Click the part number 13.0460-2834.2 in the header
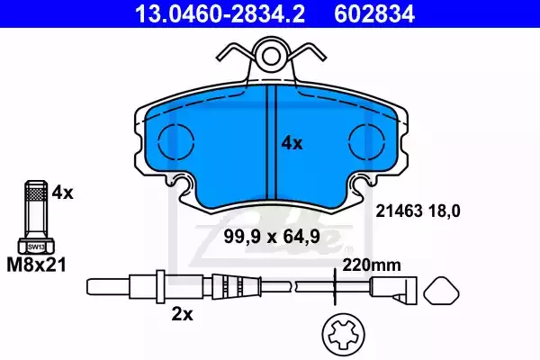(220, 13)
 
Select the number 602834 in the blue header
(374, 13)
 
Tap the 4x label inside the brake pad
(292, 143)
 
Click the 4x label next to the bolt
(63, 193)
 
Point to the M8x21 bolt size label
(37, 265)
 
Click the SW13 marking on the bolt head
(36, 247)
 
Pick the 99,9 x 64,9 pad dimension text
(272, 237)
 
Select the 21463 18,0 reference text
(418, 211)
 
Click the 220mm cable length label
(372, 265)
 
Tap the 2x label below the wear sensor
(183, 314)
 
